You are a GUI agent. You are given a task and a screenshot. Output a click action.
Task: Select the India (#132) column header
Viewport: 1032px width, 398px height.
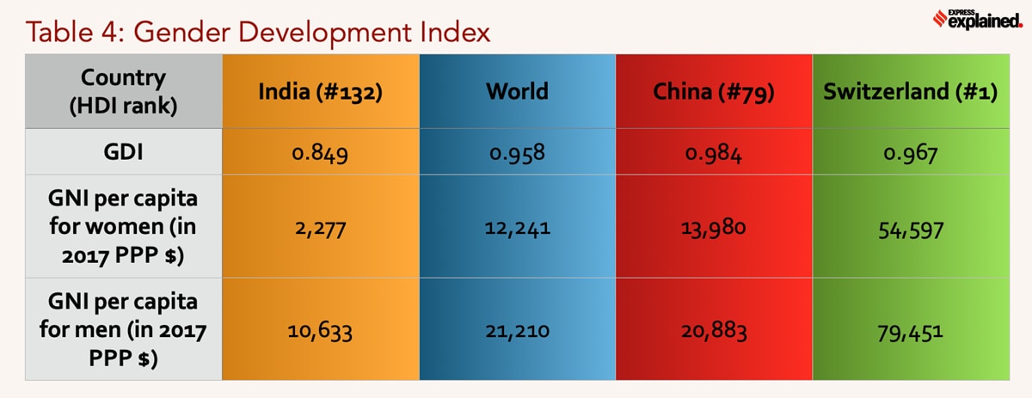tap(320, 92)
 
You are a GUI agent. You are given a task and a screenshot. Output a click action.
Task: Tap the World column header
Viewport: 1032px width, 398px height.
tap(517, 92)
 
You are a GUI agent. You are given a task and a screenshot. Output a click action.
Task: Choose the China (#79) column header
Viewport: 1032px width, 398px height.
tap(714, 92)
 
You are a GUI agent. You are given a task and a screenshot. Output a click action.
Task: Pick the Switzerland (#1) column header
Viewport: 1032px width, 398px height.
tap(910, 92)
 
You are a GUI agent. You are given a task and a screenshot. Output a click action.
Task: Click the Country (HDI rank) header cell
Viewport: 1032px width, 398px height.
tap(124, 91)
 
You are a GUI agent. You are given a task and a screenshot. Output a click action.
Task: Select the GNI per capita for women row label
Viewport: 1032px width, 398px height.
tap(124, 229)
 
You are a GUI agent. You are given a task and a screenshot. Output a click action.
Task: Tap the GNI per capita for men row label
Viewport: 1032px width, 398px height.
tap(124, 329)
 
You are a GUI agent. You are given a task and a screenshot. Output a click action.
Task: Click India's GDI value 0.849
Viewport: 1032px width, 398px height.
tap(320, 156)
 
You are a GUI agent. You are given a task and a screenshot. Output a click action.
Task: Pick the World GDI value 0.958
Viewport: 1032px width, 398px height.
tap(517, 156)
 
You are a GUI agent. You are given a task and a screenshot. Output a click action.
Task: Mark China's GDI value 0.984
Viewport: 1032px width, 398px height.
tap(714, 156)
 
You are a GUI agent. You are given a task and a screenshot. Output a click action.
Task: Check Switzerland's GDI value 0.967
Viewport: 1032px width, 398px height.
tap(910, 156)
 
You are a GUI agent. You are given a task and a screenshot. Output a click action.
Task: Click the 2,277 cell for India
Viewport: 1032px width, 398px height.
tap(320, 230)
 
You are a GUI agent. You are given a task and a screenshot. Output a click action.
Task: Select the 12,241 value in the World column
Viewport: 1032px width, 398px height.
tap(517, 230)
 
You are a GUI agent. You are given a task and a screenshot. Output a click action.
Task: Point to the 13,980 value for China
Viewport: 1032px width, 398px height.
tap(714, 230)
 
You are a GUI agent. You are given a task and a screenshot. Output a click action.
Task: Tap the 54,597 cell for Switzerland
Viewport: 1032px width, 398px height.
tap(910, 230)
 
